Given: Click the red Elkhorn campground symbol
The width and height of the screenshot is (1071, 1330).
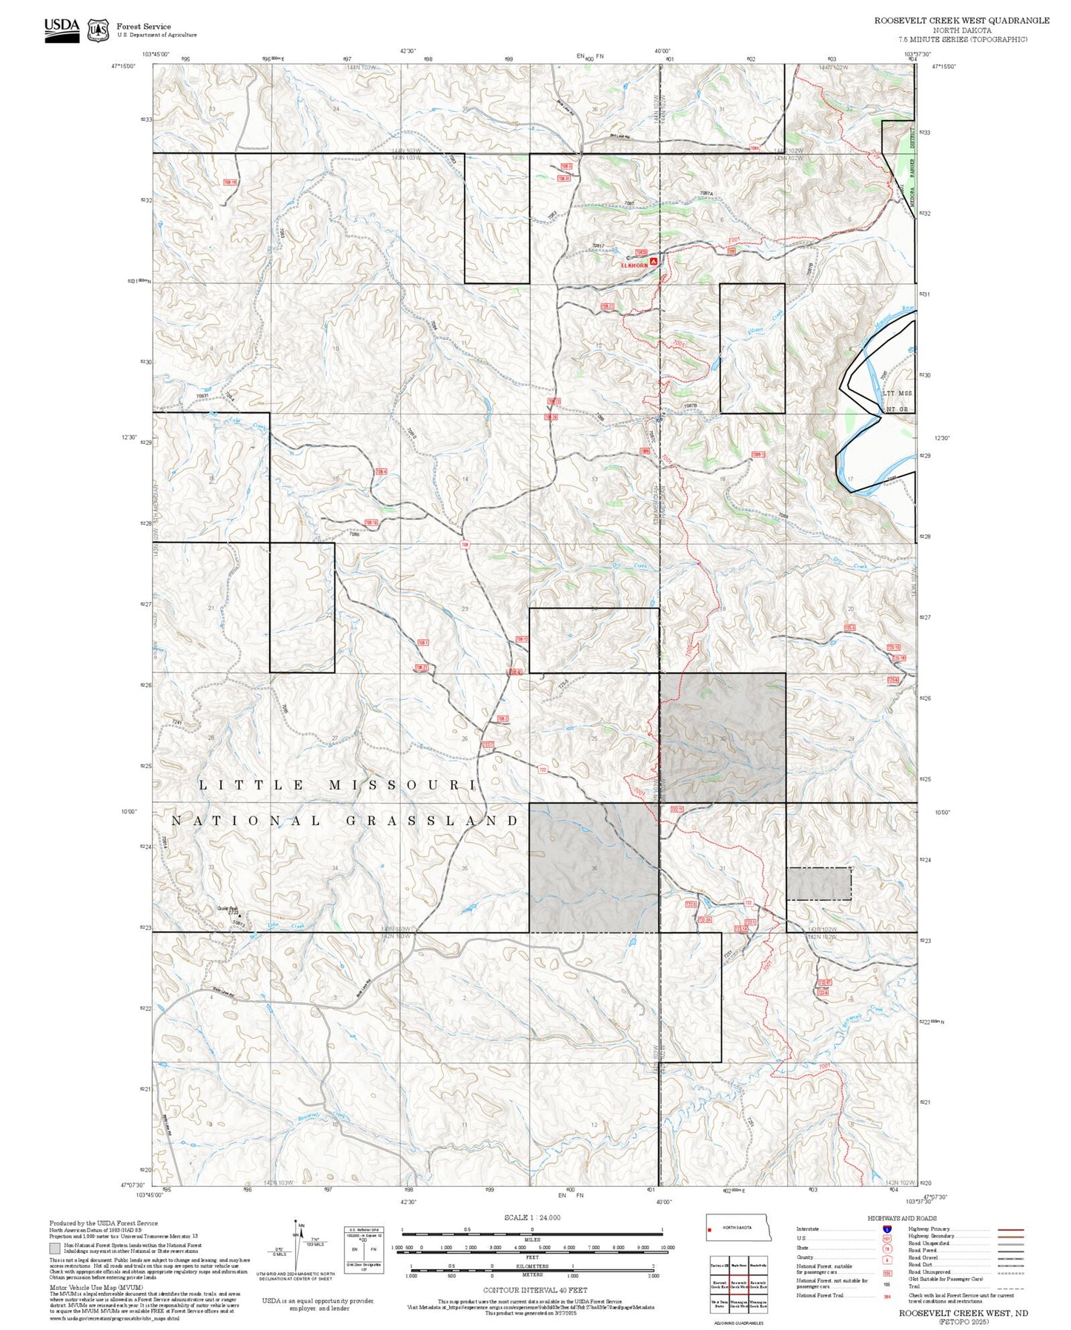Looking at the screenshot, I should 654,262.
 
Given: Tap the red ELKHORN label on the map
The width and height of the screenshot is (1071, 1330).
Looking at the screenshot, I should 634,263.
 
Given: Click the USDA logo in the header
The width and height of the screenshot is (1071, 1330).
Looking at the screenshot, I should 62,29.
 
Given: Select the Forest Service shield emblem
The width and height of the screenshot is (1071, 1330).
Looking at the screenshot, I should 98,30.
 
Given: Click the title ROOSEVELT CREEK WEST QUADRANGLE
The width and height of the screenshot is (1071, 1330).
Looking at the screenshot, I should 961,21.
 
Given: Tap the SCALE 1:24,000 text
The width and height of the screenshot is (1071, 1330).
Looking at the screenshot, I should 532,1217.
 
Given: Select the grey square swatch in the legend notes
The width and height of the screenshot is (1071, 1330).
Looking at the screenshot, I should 54,1248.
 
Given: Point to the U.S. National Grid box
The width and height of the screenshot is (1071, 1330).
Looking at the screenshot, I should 364,1250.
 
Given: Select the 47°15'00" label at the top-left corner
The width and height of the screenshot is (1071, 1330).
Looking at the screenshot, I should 124,66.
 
